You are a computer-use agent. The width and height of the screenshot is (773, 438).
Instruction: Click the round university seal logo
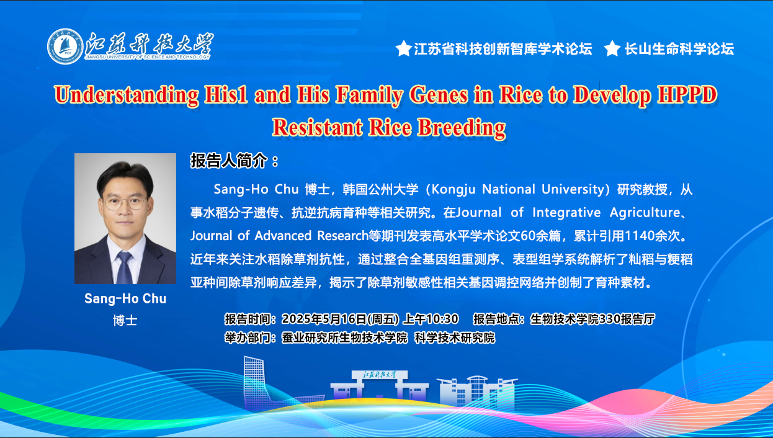pyautogui.click(x=65, y=47)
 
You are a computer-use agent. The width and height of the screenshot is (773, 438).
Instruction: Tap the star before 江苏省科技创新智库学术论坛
pyautogui.click(x=403, y=48)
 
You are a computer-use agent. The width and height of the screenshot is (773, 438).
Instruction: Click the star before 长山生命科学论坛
pyautogui.click(x=612, y=48)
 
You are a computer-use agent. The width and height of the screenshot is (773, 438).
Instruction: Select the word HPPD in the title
pyautogui.click(x=687, y=94)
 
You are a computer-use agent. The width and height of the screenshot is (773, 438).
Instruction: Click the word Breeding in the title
pyautogui.click(x=462, y=127)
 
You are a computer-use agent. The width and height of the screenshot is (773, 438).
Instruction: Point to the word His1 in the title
pyautogui.click(x=226, y=94)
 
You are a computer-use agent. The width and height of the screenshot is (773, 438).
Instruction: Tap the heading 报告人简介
pyautogui.click(x=229, y=161)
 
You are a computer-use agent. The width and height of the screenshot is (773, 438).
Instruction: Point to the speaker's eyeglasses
pyautogui.click(x=125, y=203)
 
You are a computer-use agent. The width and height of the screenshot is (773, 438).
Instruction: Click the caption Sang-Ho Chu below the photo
pyautogui.click(x=125, y=298)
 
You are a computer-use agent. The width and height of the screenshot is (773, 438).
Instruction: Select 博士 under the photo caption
pyautogui.click(x=125, y=321)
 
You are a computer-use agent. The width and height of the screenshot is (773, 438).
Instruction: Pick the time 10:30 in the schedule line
pyautogui.click(x=443, y=319)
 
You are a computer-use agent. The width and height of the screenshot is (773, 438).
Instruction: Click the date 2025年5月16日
pyautogui.click(x=324, y=319)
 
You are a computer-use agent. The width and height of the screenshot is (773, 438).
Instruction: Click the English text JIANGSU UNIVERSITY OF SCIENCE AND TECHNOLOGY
pyautogui.click(x=148, y=57)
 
